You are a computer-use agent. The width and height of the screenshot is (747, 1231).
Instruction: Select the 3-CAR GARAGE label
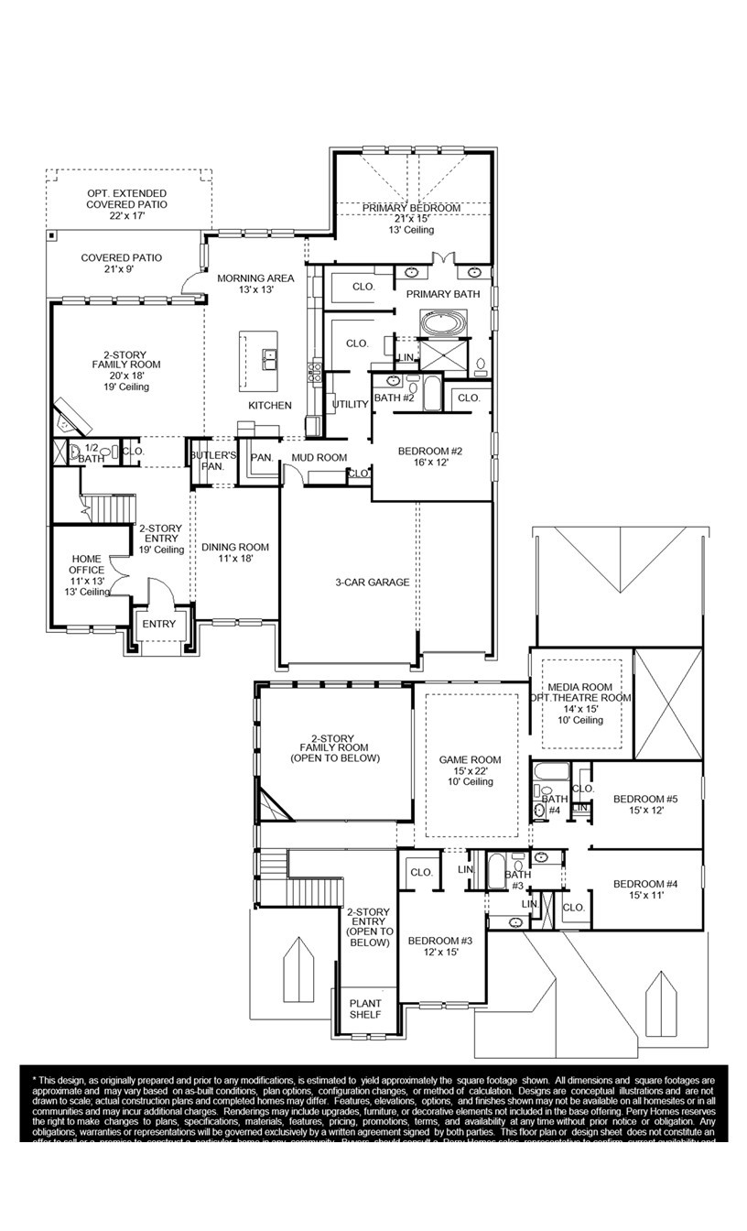[x=372, y=582]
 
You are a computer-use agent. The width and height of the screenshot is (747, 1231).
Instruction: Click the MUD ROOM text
[x=319, y=457]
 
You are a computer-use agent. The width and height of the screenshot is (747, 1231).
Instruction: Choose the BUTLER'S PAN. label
[x=213, y=460]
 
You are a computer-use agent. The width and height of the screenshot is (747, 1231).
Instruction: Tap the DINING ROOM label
[x=235, y=547]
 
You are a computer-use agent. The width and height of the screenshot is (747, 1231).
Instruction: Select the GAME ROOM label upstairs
[x=470, y=759]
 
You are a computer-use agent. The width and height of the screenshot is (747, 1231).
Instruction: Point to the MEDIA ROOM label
[x=579, y=688]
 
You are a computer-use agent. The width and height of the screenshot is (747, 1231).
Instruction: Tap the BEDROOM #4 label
[x=645, y=884]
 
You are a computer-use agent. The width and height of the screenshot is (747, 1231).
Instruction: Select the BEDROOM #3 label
[x=440, y=942]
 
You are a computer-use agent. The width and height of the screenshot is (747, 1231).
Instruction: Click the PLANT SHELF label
[x=365, y=1008]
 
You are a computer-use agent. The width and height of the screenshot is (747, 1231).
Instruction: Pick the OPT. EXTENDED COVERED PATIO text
[x=127, y=199]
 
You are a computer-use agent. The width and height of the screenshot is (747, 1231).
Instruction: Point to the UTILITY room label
[x=350, y=404]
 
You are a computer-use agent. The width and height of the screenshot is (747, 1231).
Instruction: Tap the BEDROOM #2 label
[x=430, y=452]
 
